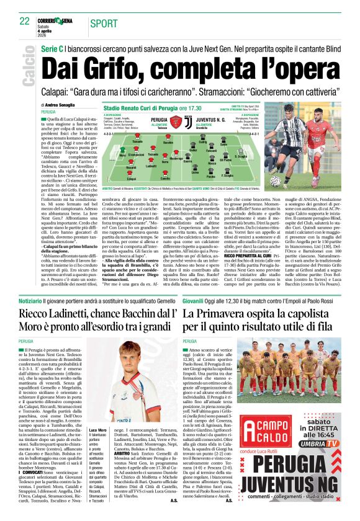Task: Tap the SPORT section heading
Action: pos(102,23)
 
